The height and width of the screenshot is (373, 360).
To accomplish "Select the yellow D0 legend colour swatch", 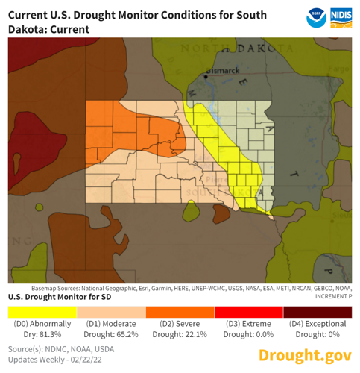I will [42, 310].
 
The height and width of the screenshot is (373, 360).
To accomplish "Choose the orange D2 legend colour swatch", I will [180, 310].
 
